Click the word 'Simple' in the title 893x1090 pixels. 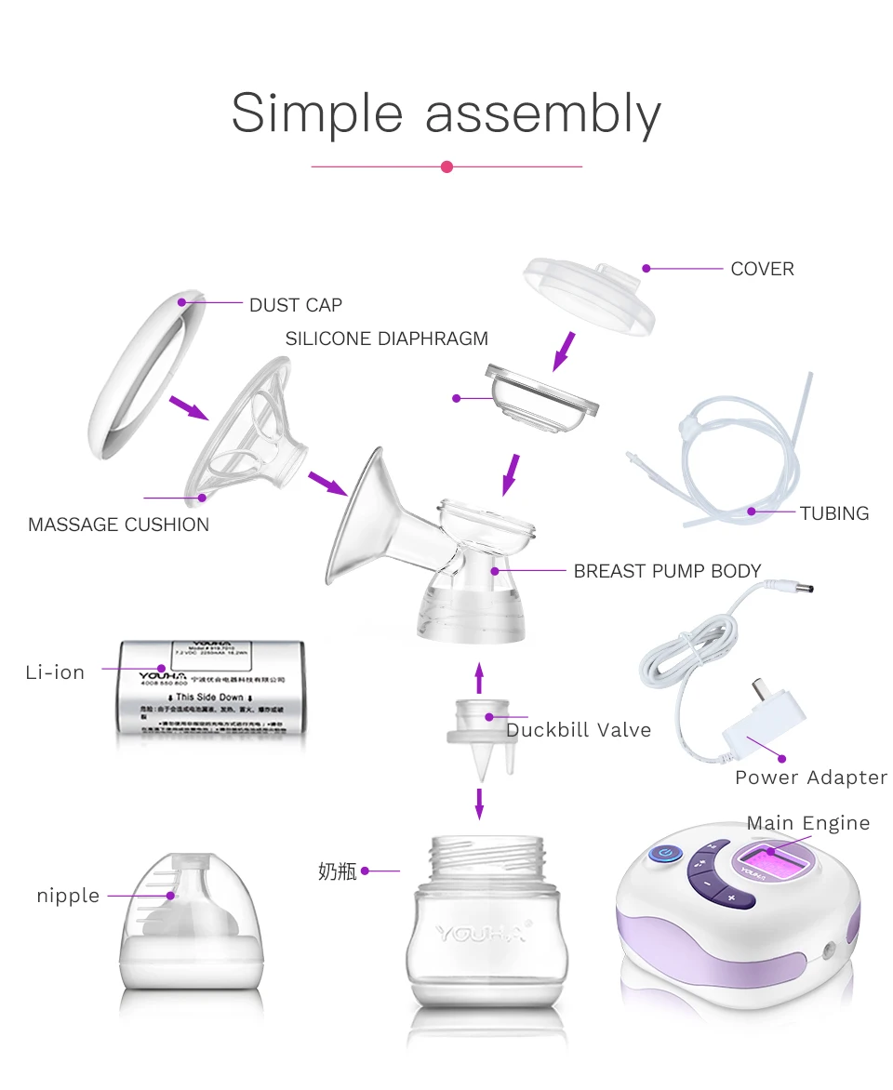tap(316, 114)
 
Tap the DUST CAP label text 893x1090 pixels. tap(295, 305)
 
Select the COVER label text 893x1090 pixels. tap(762, 269)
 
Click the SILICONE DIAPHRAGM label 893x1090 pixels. tap(386, 339)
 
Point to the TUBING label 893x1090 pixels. tap(833, 513)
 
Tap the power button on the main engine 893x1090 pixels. tap(664, 853)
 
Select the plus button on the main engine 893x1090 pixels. tap(731, 897)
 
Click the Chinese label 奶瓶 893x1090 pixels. tap(337, 871)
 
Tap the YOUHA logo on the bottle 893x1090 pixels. tap(481, 932)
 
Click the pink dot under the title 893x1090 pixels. tap(446, 166)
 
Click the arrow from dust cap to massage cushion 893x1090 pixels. tap(188, 407)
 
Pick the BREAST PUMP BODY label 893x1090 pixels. tap(667, 571)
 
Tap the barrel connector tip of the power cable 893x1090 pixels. tap(801, 588)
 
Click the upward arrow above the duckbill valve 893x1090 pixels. tap(479, 677)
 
